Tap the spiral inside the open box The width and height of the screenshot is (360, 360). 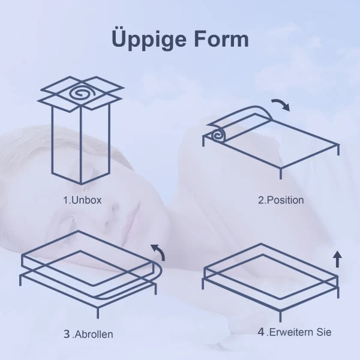(80, 94)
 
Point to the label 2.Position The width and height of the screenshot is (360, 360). (281, 200)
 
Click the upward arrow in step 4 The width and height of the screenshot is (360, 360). (337, 259)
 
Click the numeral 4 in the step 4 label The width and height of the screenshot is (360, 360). (261, 331)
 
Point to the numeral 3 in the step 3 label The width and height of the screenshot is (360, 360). (67, 334)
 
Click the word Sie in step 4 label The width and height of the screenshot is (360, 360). (324, 332)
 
